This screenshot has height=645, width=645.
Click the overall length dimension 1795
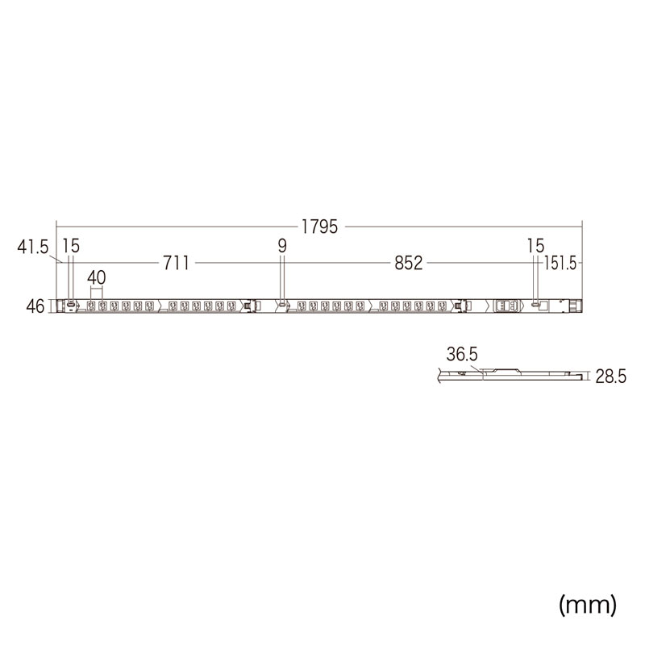point(319,227)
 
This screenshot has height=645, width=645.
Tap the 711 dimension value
point(176,263)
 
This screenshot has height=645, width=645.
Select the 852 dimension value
point(408,263)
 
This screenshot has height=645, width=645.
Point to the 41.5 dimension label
point(33,248)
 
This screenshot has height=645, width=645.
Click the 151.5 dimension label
point(560,264)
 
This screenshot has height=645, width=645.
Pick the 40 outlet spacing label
point(97,278)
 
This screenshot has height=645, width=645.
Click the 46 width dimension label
point(35,306)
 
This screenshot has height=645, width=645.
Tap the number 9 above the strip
point(281,246)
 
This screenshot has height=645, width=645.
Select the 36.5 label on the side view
point(462,354)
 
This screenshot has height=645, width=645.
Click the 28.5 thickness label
point(611,377)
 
